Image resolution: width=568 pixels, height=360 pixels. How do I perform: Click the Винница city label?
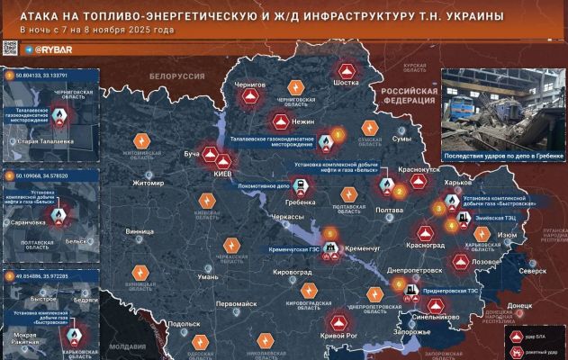(x=140, y=230)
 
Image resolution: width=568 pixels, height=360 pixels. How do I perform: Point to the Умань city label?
(x=208, y=277)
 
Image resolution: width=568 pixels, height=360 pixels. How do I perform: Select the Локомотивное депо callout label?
(x=264, y=186)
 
